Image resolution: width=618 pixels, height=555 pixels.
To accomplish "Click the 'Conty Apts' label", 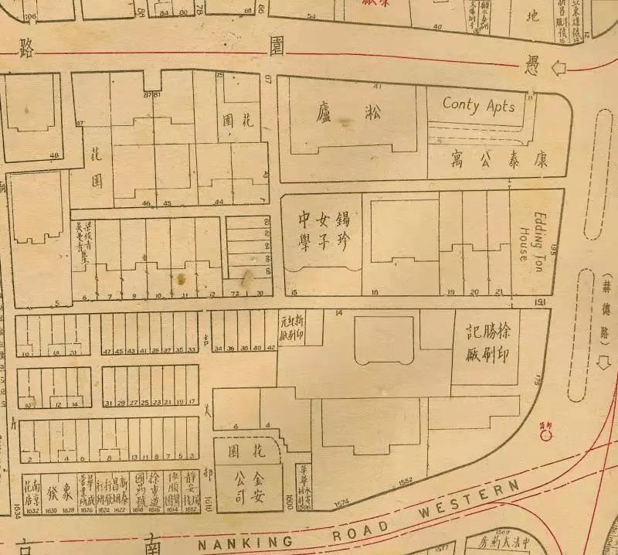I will [479, 105].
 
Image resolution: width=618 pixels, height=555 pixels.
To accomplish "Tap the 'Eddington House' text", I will [531, 229].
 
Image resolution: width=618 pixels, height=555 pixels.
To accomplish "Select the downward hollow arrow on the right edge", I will [604, 363].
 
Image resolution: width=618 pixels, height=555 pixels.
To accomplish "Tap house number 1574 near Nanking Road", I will [342, 504].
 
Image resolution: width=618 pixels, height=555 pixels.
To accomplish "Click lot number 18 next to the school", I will [374, 293].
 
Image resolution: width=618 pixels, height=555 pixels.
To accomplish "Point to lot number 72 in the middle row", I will [234, 295].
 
